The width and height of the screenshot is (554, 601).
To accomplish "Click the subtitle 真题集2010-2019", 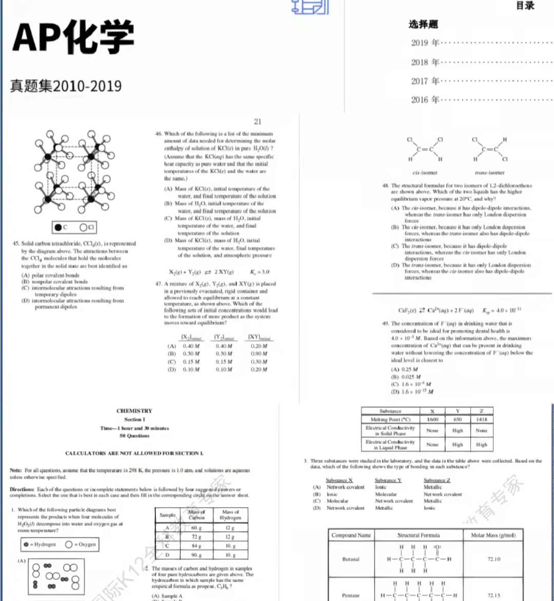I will (66, 85).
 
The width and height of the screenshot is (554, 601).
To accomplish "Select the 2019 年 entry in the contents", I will (425, 43).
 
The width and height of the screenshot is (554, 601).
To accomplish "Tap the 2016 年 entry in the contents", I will (425, 99).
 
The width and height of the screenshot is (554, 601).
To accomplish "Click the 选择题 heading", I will (423, 24).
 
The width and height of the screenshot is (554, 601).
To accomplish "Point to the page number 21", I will (258, 121).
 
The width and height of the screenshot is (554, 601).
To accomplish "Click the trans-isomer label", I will (489, 173).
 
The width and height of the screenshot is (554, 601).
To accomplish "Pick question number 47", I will (159, 283).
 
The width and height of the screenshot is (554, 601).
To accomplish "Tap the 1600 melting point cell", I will (433, 419).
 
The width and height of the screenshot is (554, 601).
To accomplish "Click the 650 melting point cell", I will (458, 419).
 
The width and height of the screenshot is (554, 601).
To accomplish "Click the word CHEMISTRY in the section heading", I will (134, 411).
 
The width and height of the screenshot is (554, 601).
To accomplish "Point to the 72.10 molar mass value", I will (493, 559).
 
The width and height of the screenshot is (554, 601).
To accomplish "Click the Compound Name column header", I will (351, 535).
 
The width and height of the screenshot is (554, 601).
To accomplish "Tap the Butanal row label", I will (350, 559).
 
